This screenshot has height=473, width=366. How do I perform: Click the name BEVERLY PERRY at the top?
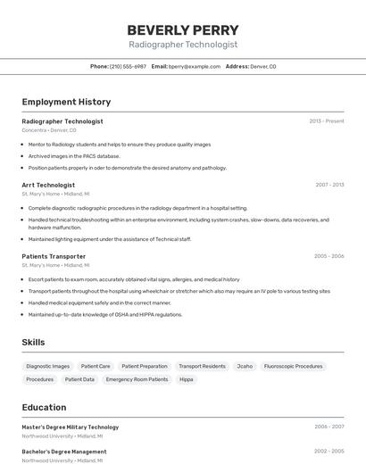pyautogui.click(x=183, y=29)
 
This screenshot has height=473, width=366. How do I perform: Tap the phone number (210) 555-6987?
pyautogui.click(x=128, y=67)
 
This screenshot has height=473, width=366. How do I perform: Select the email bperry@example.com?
pyautogui.click(x=195, y=67)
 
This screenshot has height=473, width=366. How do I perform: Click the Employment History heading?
pyautogui.click(x=66, y=103)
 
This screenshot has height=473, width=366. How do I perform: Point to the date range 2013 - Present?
pyautogui.click(x=326, y=120)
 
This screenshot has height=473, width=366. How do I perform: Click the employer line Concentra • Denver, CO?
pyautogui.click(x=49, y=130)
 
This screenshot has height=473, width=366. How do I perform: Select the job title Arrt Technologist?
pyautogui.click(x=48, y=185)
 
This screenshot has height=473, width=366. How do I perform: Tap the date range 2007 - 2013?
pyautogui.click(x=329, y=185)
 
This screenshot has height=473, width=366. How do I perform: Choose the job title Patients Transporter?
pyautogui.click(x=54, y=256)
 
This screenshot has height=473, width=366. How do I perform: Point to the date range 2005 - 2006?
pyautogui.click(x=329, y=256)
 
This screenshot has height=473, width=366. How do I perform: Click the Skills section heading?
pyautogui.click(x=33, y=342)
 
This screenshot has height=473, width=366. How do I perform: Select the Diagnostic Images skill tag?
pyautogui.click(x=48, y=366)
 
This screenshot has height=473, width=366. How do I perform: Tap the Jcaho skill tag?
pyautogui.click(x=245, y=366)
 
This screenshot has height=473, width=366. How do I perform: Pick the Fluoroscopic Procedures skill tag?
pyautogui.click(x=294, y=366)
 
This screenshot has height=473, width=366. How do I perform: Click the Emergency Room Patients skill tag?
pyautogui.click(x=137, y=379)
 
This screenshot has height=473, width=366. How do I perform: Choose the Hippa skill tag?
pyautogui.click(x=187, y=379)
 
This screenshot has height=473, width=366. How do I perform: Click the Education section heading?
pyautogui.click(x=44, y=407)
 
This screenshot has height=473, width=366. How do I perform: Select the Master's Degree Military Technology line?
pyautogui.click(x=70, y=427)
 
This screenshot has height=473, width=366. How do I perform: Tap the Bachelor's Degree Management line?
pyautogui.click(x=64, y=452)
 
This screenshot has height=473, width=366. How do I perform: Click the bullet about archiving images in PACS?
pyautogui.click(x=74, y=156)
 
